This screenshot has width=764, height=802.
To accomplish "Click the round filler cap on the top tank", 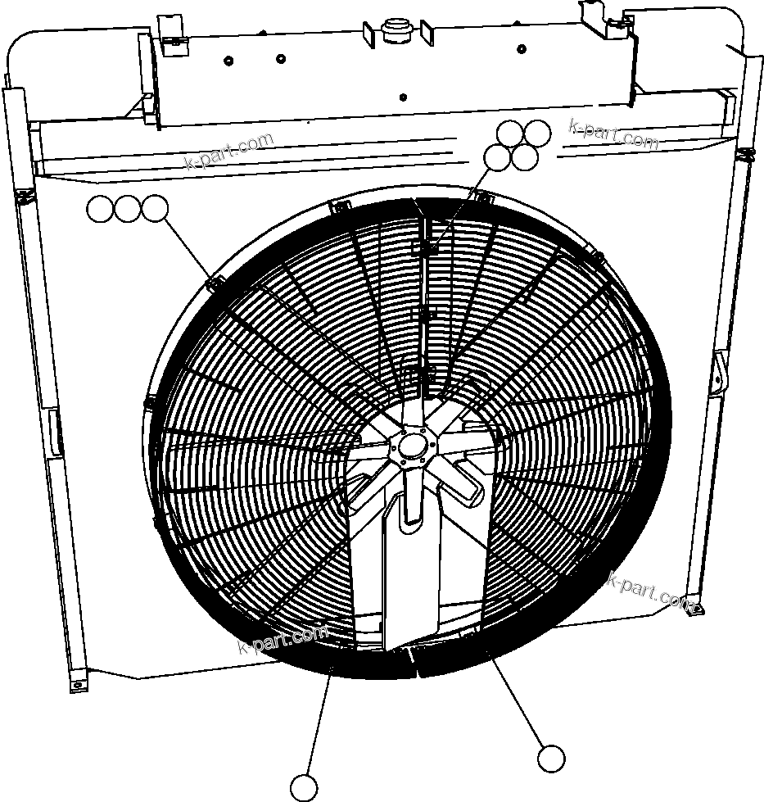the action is pos(397,30).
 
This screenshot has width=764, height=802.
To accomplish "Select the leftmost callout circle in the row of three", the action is pos(100,210).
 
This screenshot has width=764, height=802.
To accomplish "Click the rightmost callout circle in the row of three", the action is pos(154,210).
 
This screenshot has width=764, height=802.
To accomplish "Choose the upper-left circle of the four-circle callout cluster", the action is pos(511,134).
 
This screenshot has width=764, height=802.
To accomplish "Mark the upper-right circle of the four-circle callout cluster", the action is pos(537,134).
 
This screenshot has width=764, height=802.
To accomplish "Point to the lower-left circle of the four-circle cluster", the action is pos(497,157).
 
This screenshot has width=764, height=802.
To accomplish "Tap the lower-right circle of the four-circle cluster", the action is pos(524,157).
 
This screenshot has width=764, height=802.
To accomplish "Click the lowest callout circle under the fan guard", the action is pos(304,787).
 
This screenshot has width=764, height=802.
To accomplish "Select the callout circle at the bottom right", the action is pos(551,759).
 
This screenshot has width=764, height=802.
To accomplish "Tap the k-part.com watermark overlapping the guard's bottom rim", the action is pos(283,638).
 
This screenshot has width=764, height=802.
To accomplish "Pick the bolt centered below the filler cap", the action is pos(402,97).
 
